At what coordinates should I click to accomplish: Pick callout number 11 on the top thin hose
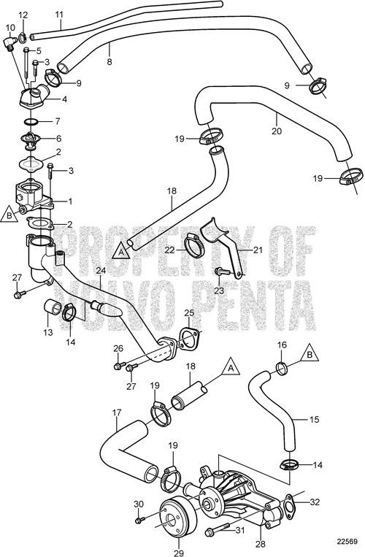pos(59,14)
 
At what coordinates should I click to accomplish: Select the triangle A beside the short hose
pos(231,365)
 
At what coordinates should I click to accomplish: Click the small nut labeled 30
pos(139,520)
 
